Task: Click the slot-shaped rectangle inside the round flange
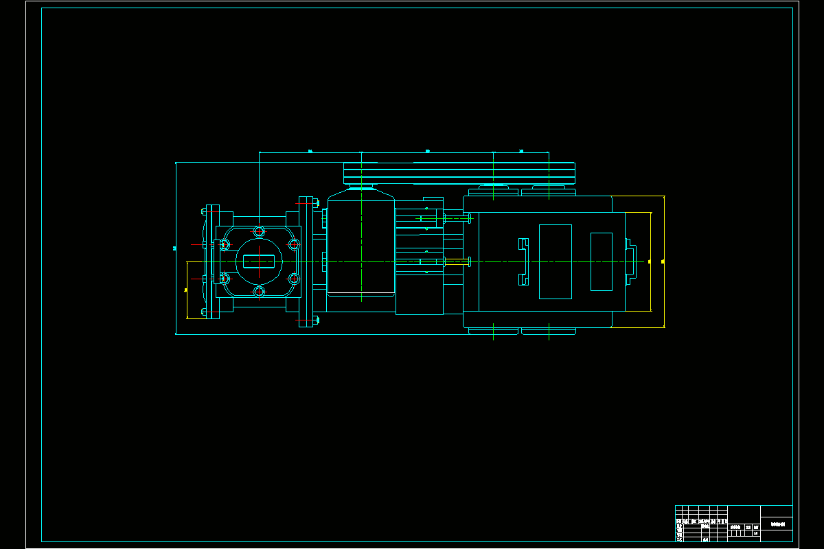(x=259, y=261)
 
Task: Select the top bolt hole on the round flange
(x=259, y=231)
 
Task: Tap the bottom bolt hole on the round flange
(x=259, y=292)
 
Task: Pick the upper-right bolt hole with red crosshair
(x=294, y=244)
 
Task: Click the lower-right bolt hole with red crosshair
(x=294, y=279)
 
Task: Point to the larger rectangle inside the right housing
(x=555, y=261)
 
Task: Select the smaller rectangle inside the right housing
(x=601, y=261)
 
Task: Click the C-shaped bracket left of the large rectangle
(x=523, y=261)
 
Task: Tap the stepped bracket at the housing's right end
(x=630, y=261)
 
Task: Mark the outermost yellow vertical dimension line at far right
(x=664, y=261)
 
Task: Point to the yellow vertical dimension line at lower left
(x=187, y=290)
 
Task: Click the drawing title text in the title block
(x=777, y=524)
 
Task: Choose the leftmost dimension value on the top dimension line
(x=310, y=150)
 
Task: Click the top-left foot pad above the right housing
(x=493, y=191)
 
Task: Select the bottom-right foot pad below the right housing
(x=548, y=331)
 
